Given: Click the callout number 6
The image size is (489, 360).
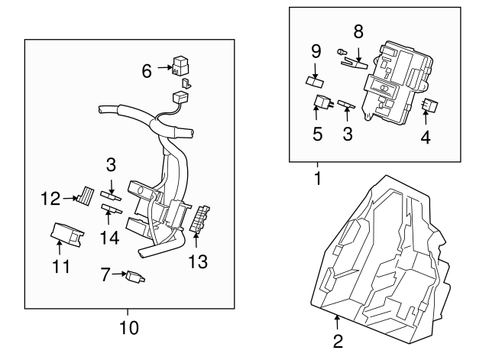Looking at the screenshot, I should [147, 70].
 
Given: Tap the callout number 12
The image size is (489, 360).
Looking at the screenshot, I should [50, 199].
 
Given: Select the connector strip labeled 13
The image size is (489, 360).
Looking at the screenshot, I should [202, 219].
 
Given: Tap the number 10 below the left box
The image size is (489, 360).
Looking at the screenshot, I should [129, 328].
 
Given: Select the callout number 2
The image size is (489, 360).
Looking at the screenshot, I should [337, 341].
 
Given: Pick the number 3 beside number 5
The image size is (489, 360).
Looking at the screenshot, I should [348, 135].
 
